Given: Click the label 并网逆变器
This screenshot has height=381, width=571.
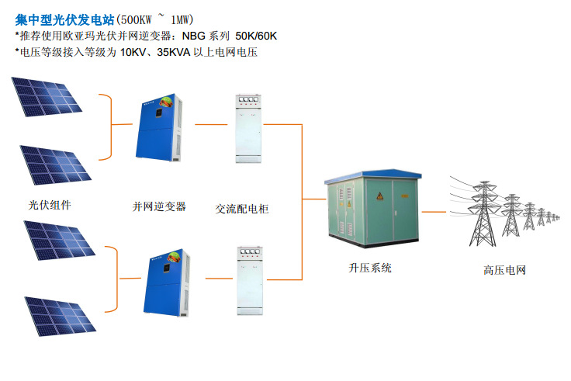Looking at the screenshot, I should (159, 206).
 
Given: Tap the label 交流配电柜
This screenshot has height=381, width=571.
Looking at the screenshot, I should (242, 209).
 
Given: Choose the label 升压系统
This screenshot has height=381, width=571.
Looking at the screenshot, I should (370, 268).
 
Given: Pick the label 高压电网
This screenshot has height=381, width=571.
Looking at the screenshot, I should (504, 270).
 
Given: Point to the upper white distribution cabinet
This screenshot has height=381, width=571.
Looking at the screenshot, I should (250, 128).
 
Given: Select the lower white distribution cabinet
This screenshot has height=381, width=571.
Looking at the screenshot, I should (250, 280).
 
